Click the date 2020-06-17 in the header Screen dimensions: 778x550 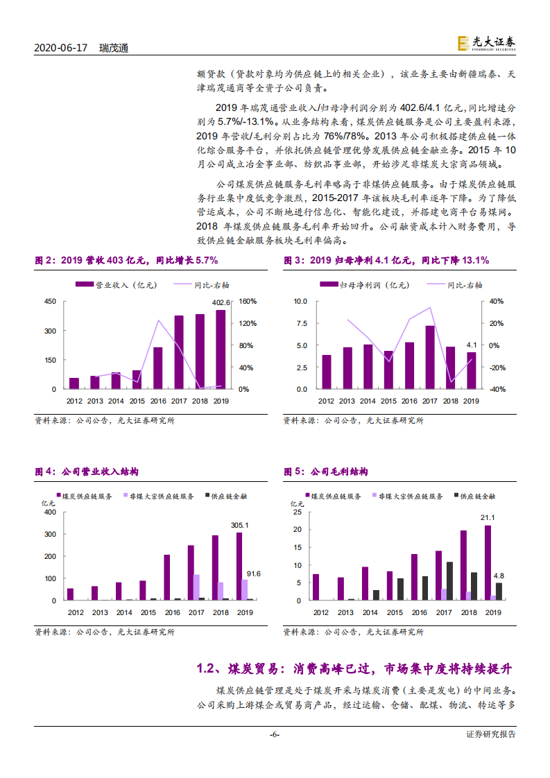(x=61, y=49)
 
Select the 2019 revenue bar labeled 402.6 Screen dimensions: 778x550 (x=221, y=349)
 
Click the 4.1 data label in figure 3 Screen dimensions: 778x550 (x=472, y=345)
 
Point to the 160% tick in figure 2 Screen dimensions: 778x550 (x=248, y=302)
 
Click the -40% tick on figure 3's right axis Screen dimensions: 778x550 (x=497, y=389)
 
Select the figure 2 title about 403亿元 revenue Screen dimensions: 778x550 (x=127, y=261)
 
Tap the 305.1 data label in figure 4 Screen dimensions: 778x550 (x=239, y=525)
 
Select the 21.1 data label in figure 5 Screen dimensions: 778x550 (x=488, y=517)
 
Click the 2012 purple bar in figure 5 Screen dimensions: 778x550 (x=316, y=587)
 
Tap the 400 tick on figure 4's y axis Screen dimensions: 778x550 (x=49, y=512)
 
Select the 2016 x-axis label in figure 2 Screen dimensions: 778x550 (x=157, y=401)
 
